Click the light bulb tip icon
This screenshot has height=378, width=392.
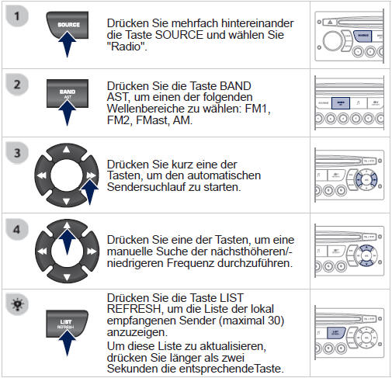point(17,300)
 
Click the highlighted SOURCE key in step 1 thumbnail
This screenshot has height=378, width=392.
point(362,36)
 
